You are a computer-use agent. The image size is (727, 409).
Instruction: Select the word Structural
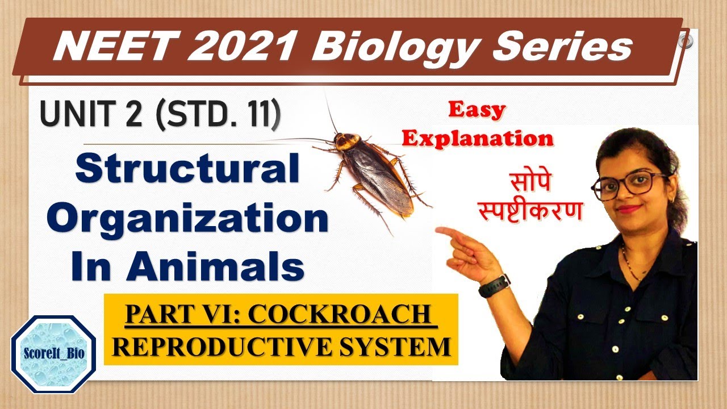[187, 169]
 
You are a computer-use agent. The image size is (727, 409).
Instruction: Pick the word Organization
[187, 218]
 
